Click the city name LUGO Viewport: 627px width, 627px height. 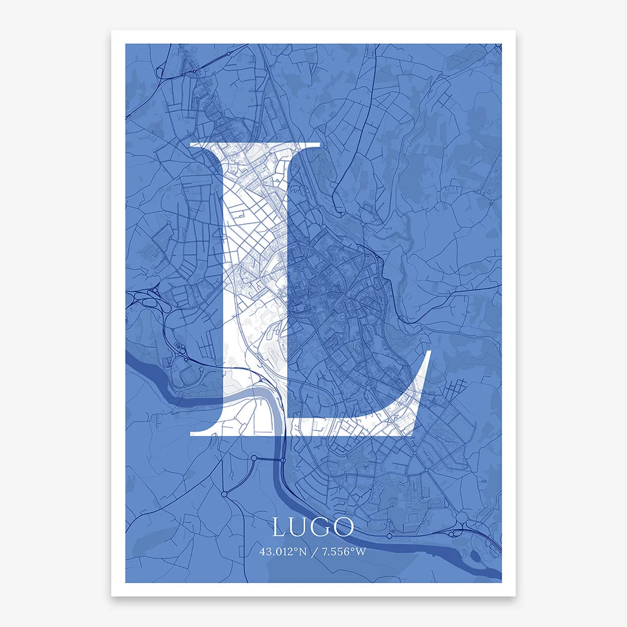pos(313,527)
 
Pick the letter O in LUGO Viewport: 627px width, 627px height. pos(344,527)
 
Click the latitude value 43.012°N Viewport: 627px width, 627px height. pos(282,551)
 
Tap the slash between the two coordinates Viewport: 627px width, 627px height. pos(313,551)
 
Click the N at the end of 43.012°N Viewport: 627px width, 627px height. pos(301,551)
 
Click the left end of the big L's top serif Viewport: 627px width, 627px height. pos(193,145)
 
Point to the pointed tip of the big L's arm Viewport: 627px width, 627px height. pos(430,351)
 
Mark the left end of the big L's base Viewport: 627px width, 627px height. pos(192,432)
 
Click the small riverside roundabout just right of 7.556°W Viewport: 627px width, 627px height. pos(389,536)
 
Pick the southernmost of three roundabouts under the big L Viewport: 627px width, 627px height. pos(224,494)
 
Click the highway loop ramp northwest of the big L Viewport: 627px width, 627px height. pos(160,72)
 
